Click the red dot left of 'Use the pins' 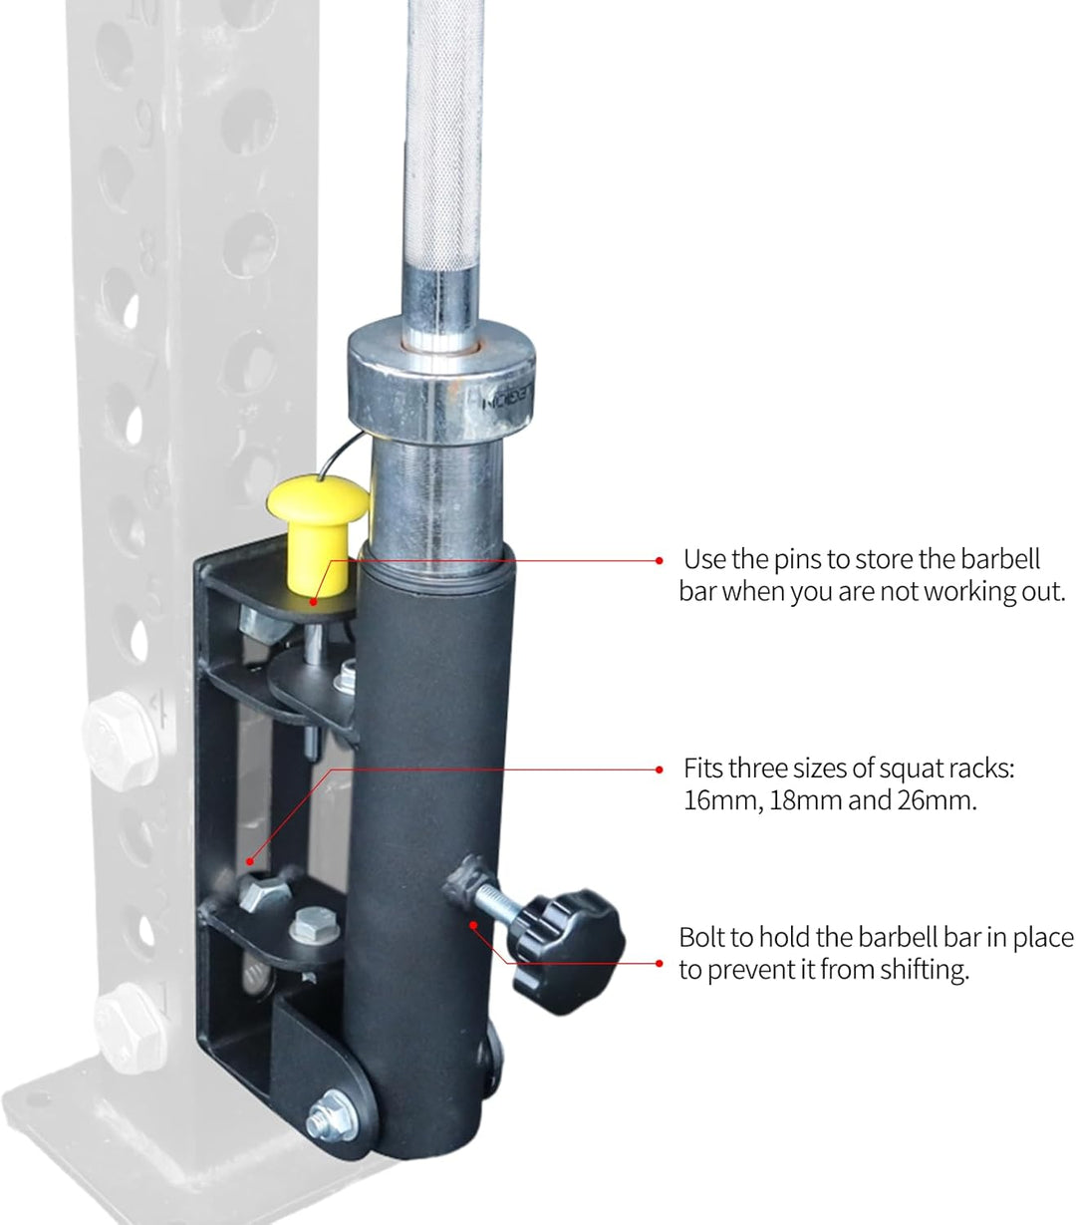(x=659, y=561)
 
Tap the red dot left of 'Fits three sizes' (x=659, y=769)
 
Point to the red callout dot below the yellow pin (x=313, y=602)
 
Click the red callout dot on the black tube (x=473, y=924)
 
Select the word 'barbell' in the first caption (x=1000, y=559)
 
